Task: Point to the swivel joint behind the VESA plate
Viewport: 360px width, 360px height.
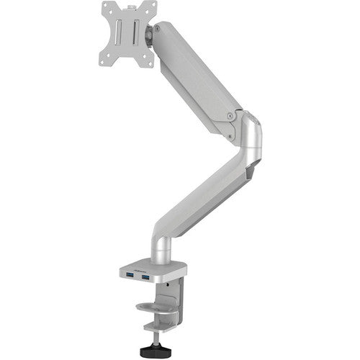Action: coord(156,33)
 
